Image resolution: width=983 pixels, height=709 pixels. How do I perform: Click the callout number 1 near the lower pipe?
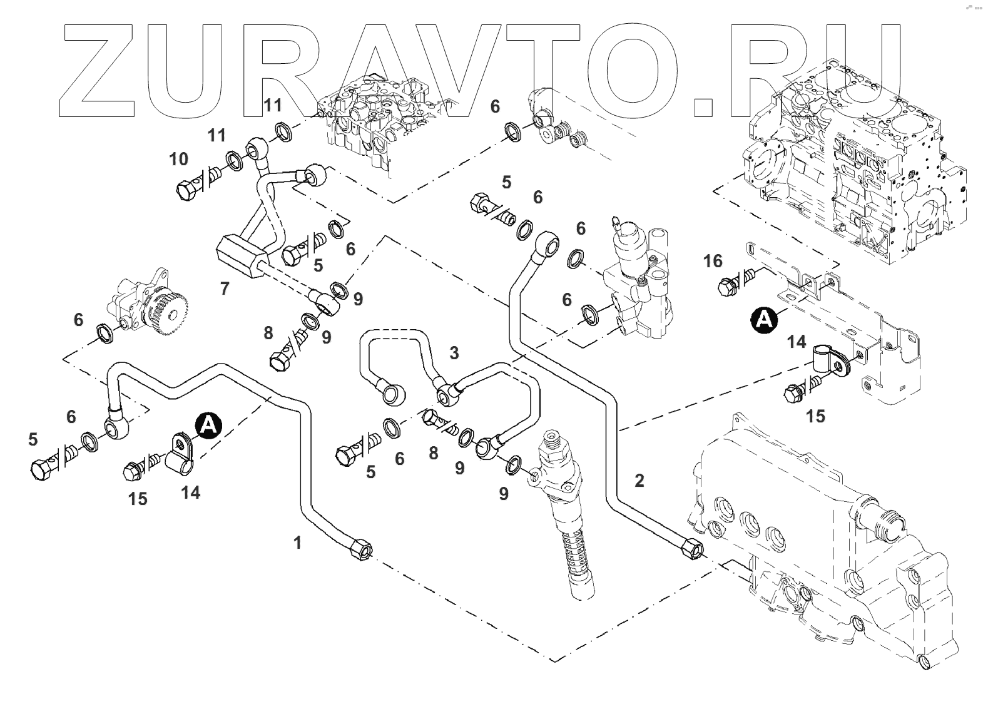coord(298,543)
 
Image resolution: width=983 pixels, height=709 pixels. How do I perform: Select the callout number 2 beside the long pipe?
coord(639,481)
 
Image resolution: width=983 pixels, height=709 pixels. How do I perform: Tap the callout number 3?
coord(454,353)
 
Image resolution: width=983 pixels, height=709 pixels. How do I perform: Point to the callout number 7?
coord(225,288)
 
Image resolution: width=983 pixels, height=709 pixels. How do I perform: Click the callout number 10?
coord(179,159)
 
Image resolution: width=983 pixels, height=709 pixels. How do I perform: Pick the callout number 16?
coord(713,260)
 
